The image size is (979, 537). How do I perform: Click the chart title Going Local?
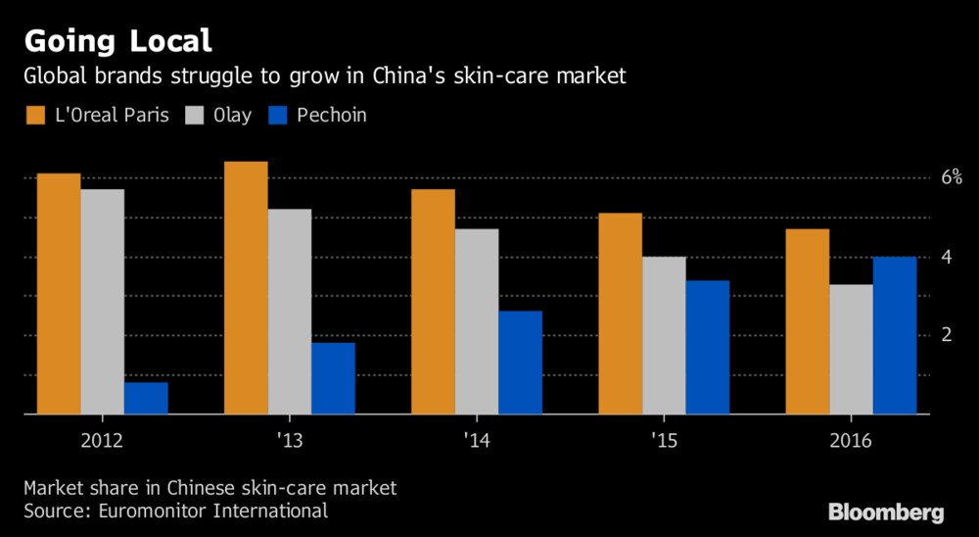coord(118,40)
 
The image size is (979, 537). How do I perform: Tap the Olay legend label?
coord(230,116)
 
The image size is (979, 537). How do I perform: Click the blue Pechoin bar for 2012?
coord(146,398)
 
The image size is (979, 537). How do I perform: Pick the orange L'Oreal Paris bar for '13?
coord(246,288)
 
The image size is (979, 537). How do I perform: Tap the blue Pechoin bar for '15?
coord(707,347)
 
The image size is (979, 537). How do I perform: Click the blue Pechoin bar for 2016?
coord(894,335)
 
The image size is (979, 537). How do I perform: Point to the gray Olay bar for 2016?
coord(851,349)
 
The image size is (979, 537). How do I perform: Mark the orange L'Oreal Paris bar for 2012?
coord(59,294)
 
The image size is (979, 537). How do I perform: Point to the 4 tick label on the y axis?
coord(947,257)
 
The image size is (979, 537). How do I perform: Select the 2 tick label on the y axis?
coord(947,335)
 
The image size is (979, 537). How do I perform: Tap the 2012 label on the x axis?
coord(103,440)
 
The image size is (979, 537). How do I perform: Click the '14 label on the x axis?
coord(476,440)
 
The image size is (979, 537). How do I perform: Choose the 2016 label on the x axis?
coord(851,440)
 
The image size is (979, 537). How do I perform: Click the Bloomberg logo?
coord(886,513)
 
